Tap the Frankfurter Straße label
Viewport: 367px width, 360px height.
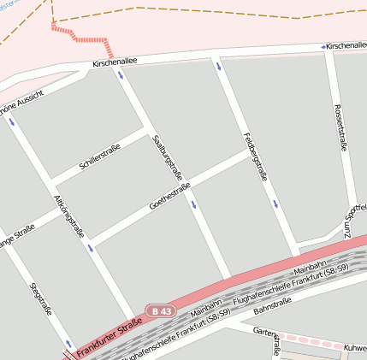coord(109,338)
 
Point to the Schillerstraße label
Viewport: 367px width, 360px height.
coord(99,157)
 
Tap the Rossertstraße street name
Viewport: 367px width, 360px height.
coord(340,128)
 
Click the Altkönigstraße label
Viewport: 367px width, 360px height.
coord(69,217)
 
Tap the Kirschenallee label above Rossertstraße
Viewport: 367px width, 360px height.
coord(346,44)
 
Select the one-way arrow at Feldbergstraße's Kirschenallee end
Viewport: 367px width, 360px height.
coord(220,68)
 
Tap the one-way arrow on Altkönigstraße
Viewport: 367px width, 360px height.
coord(90,248)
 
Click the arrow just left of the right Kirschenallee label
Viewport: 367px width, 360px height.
coord(323,45)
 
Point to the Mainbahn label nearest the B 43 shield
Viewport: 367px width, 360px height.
coord(206,302)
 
